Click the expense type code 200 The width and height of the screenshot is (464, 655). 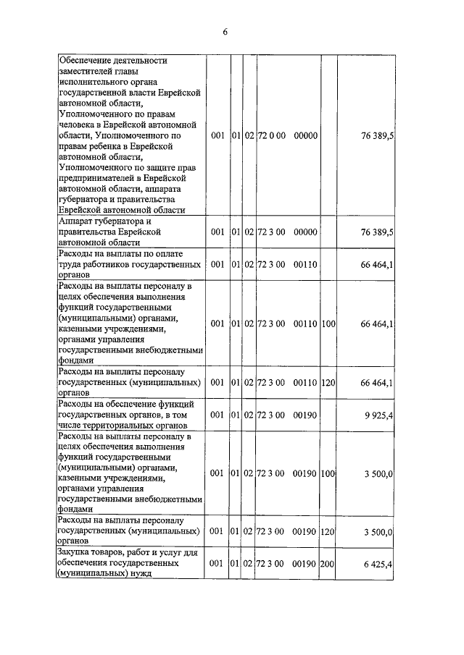327,562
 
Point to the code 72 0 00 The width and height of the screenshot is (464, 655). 271,135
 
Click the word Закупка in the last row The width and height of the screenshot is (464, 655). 76,552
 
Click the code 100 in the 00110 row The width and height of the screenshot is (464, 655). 327,324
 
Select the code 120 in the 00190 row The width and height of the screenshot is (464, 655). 327,531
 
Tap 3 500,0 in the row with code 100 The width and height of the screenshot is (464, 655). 378,473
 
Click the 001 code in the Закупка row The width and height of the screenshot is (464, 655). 217,562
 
